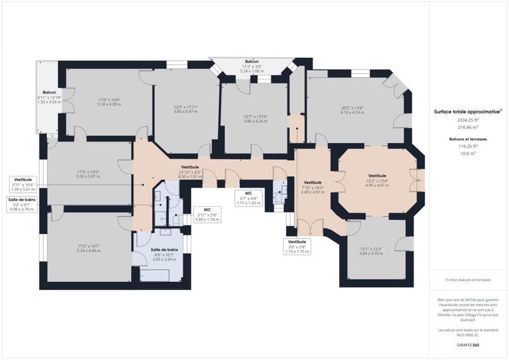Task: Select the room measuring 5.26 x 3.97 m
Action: coord(88,174)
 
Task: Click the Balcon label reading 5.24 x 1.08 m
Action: coord(251,66)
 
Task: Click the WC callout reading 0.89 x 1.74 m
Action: coord(207,214)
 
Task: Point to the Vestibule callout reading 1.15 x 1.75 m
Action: coord(297,247)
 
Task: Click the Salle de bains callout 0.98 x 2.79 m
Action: coord(22,205)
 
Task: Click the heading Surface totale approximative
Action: coord(467,111)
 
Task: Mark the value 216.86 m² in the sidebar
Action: coord(467,127)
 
